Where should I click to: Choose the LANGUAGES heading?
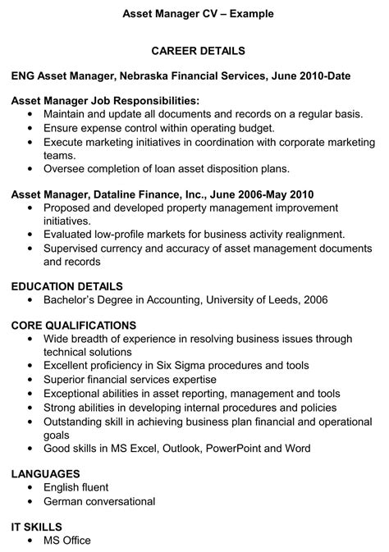pyautogui.click(x=46, y=473)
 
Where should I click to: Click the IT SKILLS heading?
pyautogui.click(x=37, y=526)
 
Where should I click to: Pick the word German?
pyautogui.click(x=65, y=501)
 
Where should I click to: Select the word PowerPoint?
pyautogui.click(x=235, y=448)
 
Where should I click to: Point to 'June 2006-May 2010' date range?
pyautogui.click(x=262, y=194)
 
